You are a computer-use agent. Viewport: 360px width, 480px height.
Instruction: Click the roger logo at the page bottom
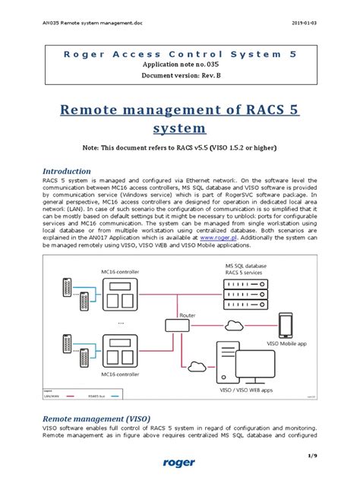point(179,462)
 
